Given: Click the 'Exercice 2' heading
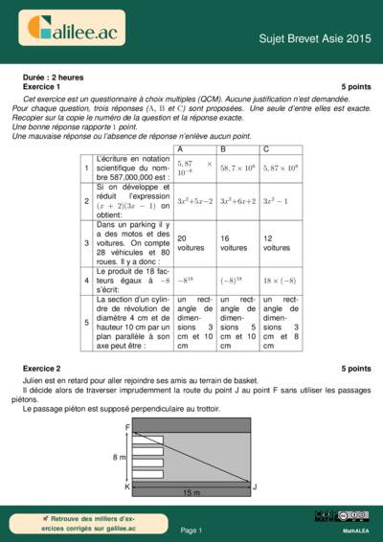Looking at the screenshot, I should tap(41, 368).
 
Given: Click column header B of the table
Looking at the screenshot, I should tap(224, 149).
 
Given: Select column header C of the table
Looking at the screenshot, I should tap(266, 149).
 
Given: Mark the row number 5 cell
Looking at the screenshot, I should tap(87, 322).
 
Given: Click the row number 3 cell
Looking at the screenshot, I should tap(87, 242).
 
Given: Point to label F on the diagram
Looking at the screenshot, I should tap(126, 425).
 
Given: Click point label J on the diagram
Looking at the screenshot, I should tap(255, 486).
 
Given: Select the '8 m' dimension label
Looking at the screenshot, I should tap(120, 458).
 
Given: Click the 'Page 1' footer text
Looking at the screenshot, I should tap(191, 530).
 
